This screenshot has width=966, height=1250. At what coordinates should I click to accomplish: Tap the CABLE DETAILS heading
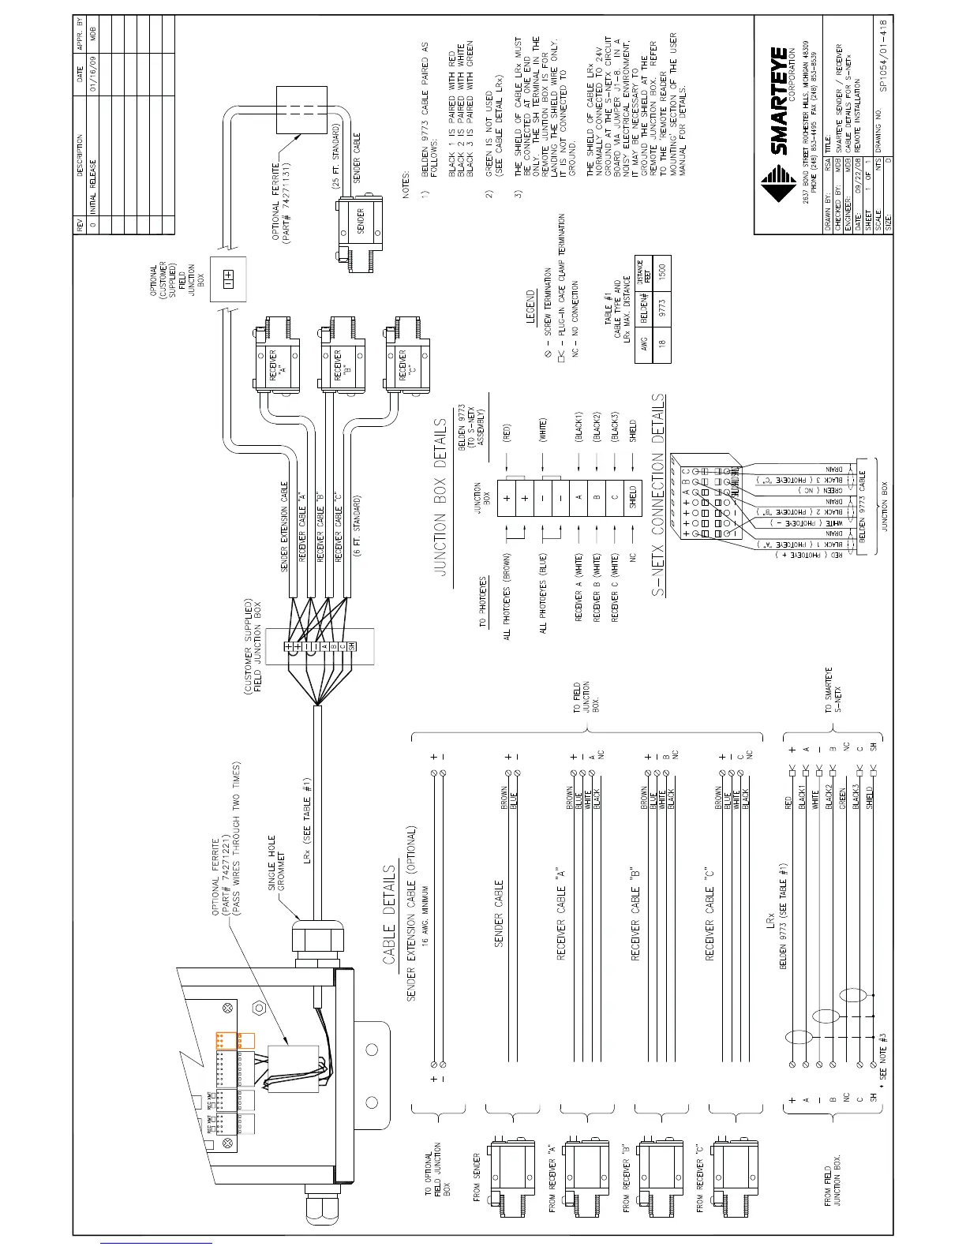point(388,915)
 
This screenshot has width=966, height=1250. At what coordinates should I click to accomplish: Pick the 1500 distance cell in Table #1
point(661,270)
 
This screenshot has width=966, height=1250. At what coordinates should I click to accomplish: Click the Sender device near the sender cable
point(360,225)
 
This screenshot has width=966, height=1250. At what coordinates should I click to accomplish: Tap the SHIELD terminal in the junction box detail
point(631,498)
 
